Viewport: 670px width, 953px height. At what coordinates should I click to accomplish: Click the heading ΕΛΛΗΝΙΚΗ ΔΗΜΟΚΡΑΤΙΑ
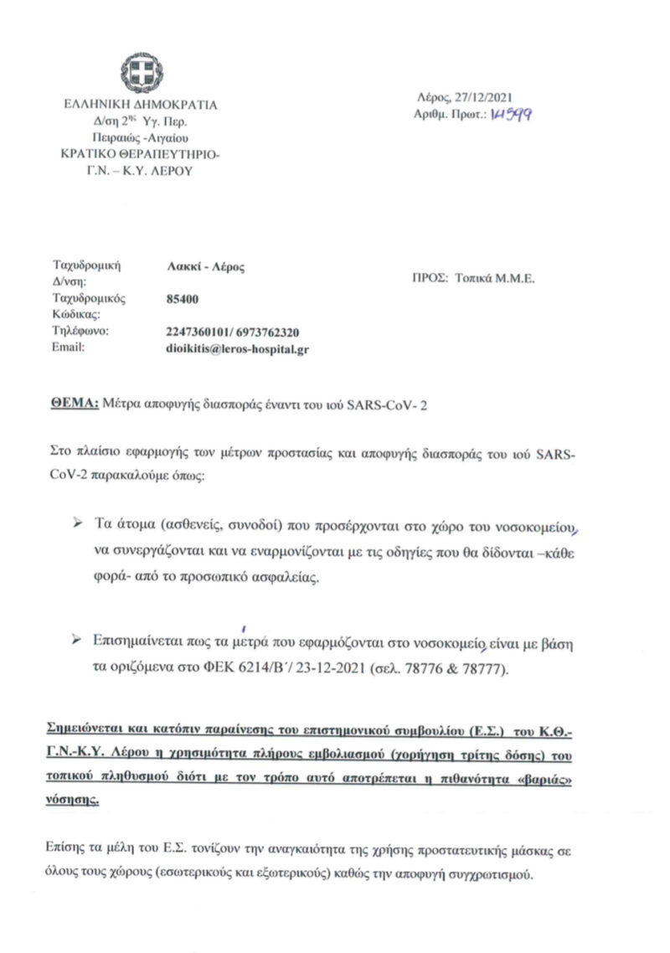140,106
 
